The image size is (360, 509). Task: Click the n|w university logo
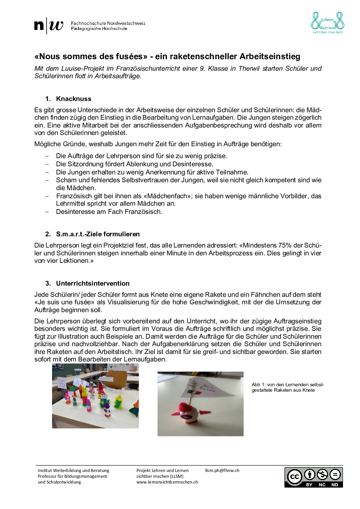[49, 26]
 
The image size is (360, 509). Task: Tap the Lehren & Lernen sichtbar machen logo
[327, 23]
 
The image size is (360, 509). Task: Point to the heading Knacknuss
[73, 99]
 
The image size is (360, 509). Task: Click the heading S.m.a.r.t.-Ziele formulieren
[98, 234]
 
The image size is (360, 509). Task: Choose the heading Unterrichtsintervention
[93, 284]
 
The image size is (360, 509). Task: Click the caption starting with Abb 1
[288, 388]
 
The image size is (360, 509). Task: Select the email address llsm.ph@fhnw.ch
[222, 471]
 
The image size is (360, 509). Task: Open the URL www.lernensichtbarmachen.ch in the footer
[167, 482]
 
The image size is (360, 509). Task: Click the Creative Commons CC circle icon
[294, 476]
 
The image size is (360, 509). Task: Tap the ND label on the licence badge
[335, 485]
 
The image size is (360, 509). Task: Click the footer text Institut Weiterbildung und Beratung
[73, 471]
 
